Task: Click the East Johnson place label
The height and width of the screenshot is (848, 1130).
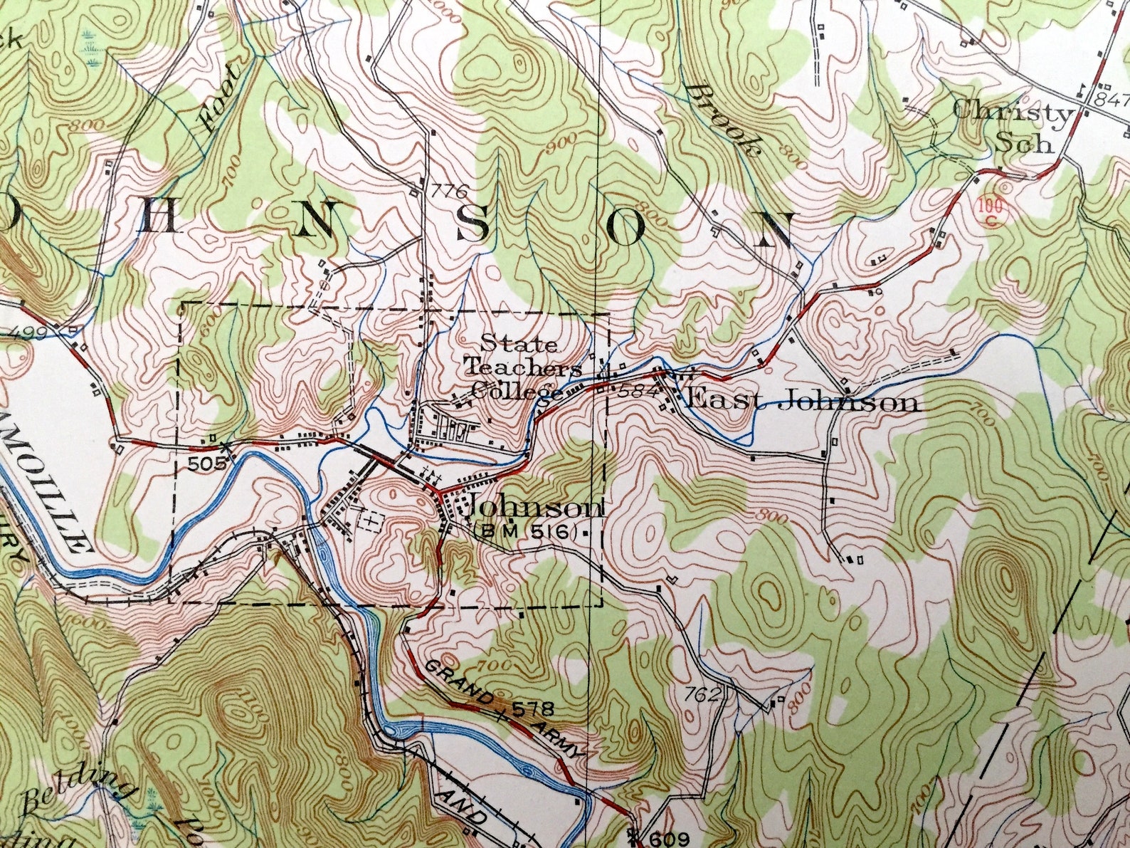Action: [x=801, y=402]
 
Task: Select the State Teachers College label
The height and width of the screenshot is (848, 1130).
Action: [x=519, y=367]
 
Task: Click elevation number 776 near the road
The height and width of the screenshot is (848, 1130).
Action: [x=450, y=191]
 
